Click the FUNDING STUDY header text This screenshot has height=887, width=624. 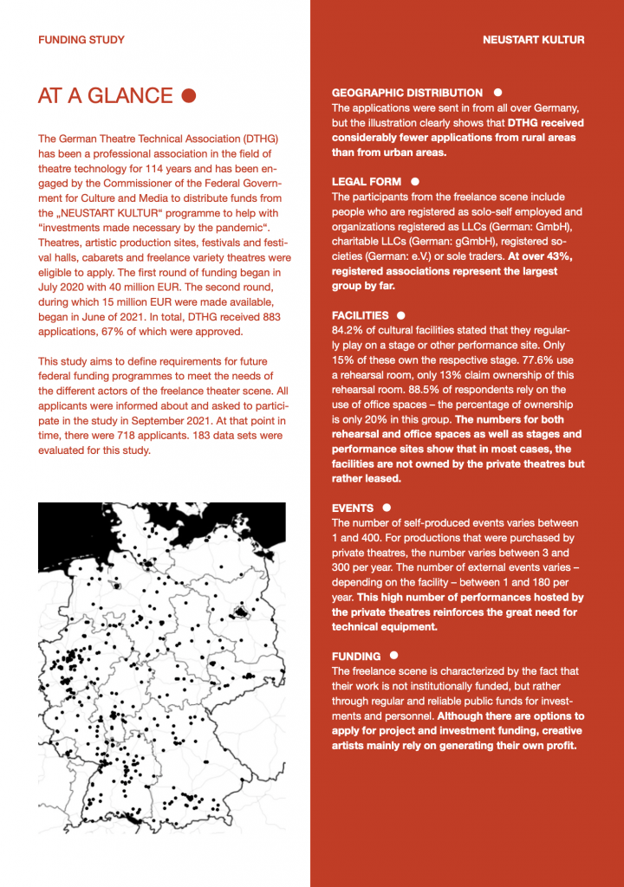tap(81, 40)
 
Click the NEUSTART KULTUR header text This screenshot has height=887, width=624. tap(533, 40)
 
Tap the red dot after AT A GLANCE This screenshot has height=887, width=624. tap(189, 95)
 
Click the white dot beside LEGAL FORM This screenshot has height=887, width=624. tap(415, 181)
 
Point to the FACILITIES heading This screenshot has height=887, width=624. tap(360, 316)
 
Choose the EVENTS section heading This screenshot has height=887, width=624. tap(353, 508)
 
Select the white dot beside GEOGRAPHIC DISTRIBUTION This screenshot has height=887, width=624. tap(497, 92)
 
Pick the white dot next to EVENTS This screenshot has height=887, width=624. tap(387, 508)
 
